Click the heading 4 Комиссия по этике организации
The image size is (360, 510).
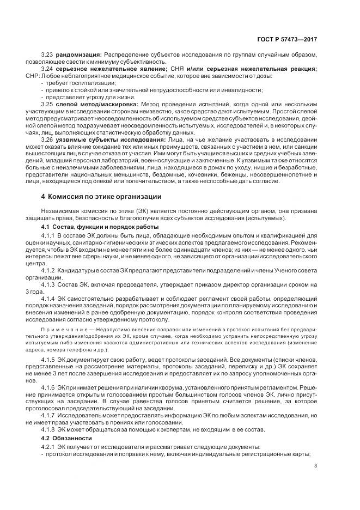pyautogui.click(x=97, y=196)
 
